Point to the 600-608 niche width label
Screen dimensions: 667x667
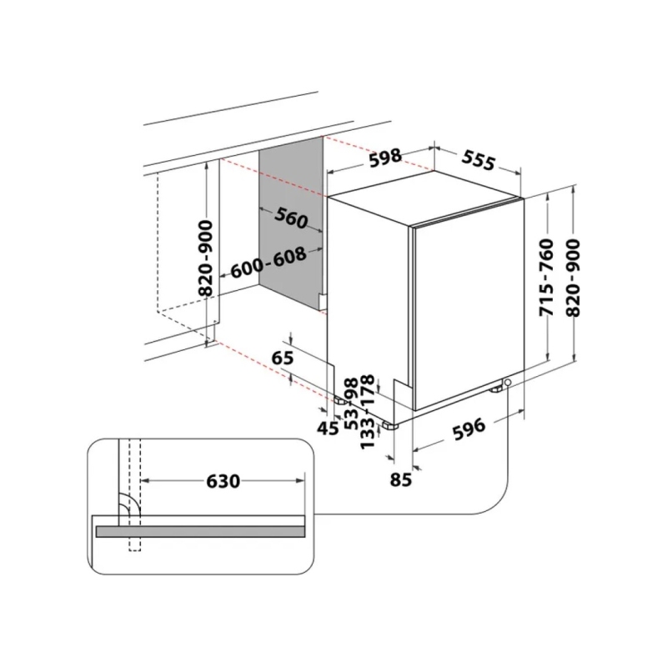click(x=268, y=263)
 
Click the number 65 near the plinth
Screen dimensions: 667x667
click(x=283, y=359)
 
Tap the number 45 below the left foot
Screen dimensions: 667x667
click(x=328, y=429)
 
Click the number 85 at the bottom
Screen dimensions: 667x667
click(x=401, y=479)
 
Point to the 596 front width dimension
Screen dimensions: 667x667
click(x=469, y=429)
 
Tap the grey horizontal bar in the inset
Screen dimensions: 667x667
click(x=200, y=531)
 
